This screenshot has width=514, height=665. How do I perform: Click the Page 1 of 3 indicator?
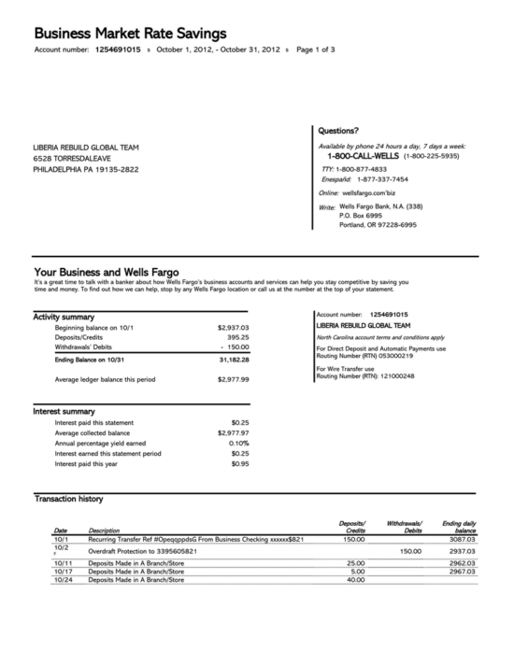click(315, 49)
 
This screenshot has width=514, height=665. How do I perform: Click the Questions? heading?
click(338, 132)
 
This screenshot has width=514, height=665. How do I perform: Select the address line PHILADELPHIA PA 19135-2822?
click(85, 169)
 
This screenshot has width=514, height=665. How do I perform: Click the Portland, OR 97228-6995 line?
click(378, 224)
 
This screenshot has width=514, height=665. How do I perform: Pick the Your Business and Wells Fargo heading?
click(106, 273)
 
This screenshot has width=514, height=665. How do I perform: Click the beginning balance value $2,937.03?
click(233, 328)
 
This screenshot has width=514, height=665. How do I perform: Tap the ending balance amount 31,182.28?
click(234, 360)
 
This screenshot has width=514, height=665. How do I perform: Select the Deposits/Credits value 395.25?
click(238, 337)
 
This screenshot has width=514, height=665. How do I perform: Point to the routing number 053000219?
click(393, 356)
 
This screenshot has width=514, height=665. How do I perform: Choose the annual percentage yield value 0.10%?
click(238, 443)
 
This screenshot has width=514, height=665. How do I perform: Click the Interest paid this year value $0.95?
click(239, 463)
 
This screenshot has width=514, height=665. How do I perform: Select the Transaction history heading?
click(68, 500)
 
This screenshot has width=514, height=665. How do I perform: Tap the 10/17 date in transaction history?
click(63, 572)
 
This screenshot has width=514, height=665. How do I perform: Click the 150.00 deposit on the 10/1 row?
click(354, 539)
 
